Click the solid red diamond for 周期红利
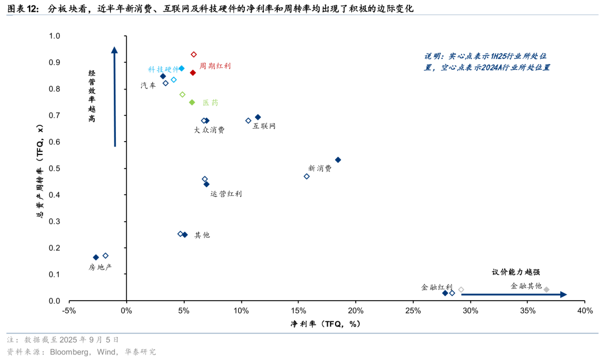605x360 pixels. click(x=193, y=73)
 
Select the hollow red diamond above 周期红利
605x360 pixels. click(x=194, y=54)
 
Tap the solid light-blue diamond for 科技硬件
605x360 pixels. click(x=182, y=68)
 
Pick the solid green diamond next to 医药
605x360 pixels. click(x=192, y=102)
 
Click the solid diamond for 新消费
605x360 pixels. click(x=338, y=160)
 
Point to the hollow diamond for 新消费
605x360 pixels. click(x=306, y=176)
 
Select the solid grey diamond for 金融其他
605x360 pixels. click(x=547, y=289)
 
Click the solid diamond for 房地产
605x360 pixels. click(x=96, y=258)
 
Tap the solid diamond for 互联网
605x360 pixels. click(x=258, y=117)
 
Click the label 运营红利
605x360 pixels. click(x=226, y=194)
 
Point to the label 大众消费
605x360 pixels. click(x=209, y=130)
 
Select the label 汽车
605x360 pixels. click(x=148, y=86)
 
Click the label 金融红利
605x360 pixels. click(x=436, y=287)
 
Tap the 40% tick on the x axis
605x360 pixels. click(x=584, y=311)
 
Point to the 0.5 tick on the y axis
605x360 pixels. click(x=54, y=169)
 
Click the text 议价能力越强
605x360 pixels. click(x=516, y=272)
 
